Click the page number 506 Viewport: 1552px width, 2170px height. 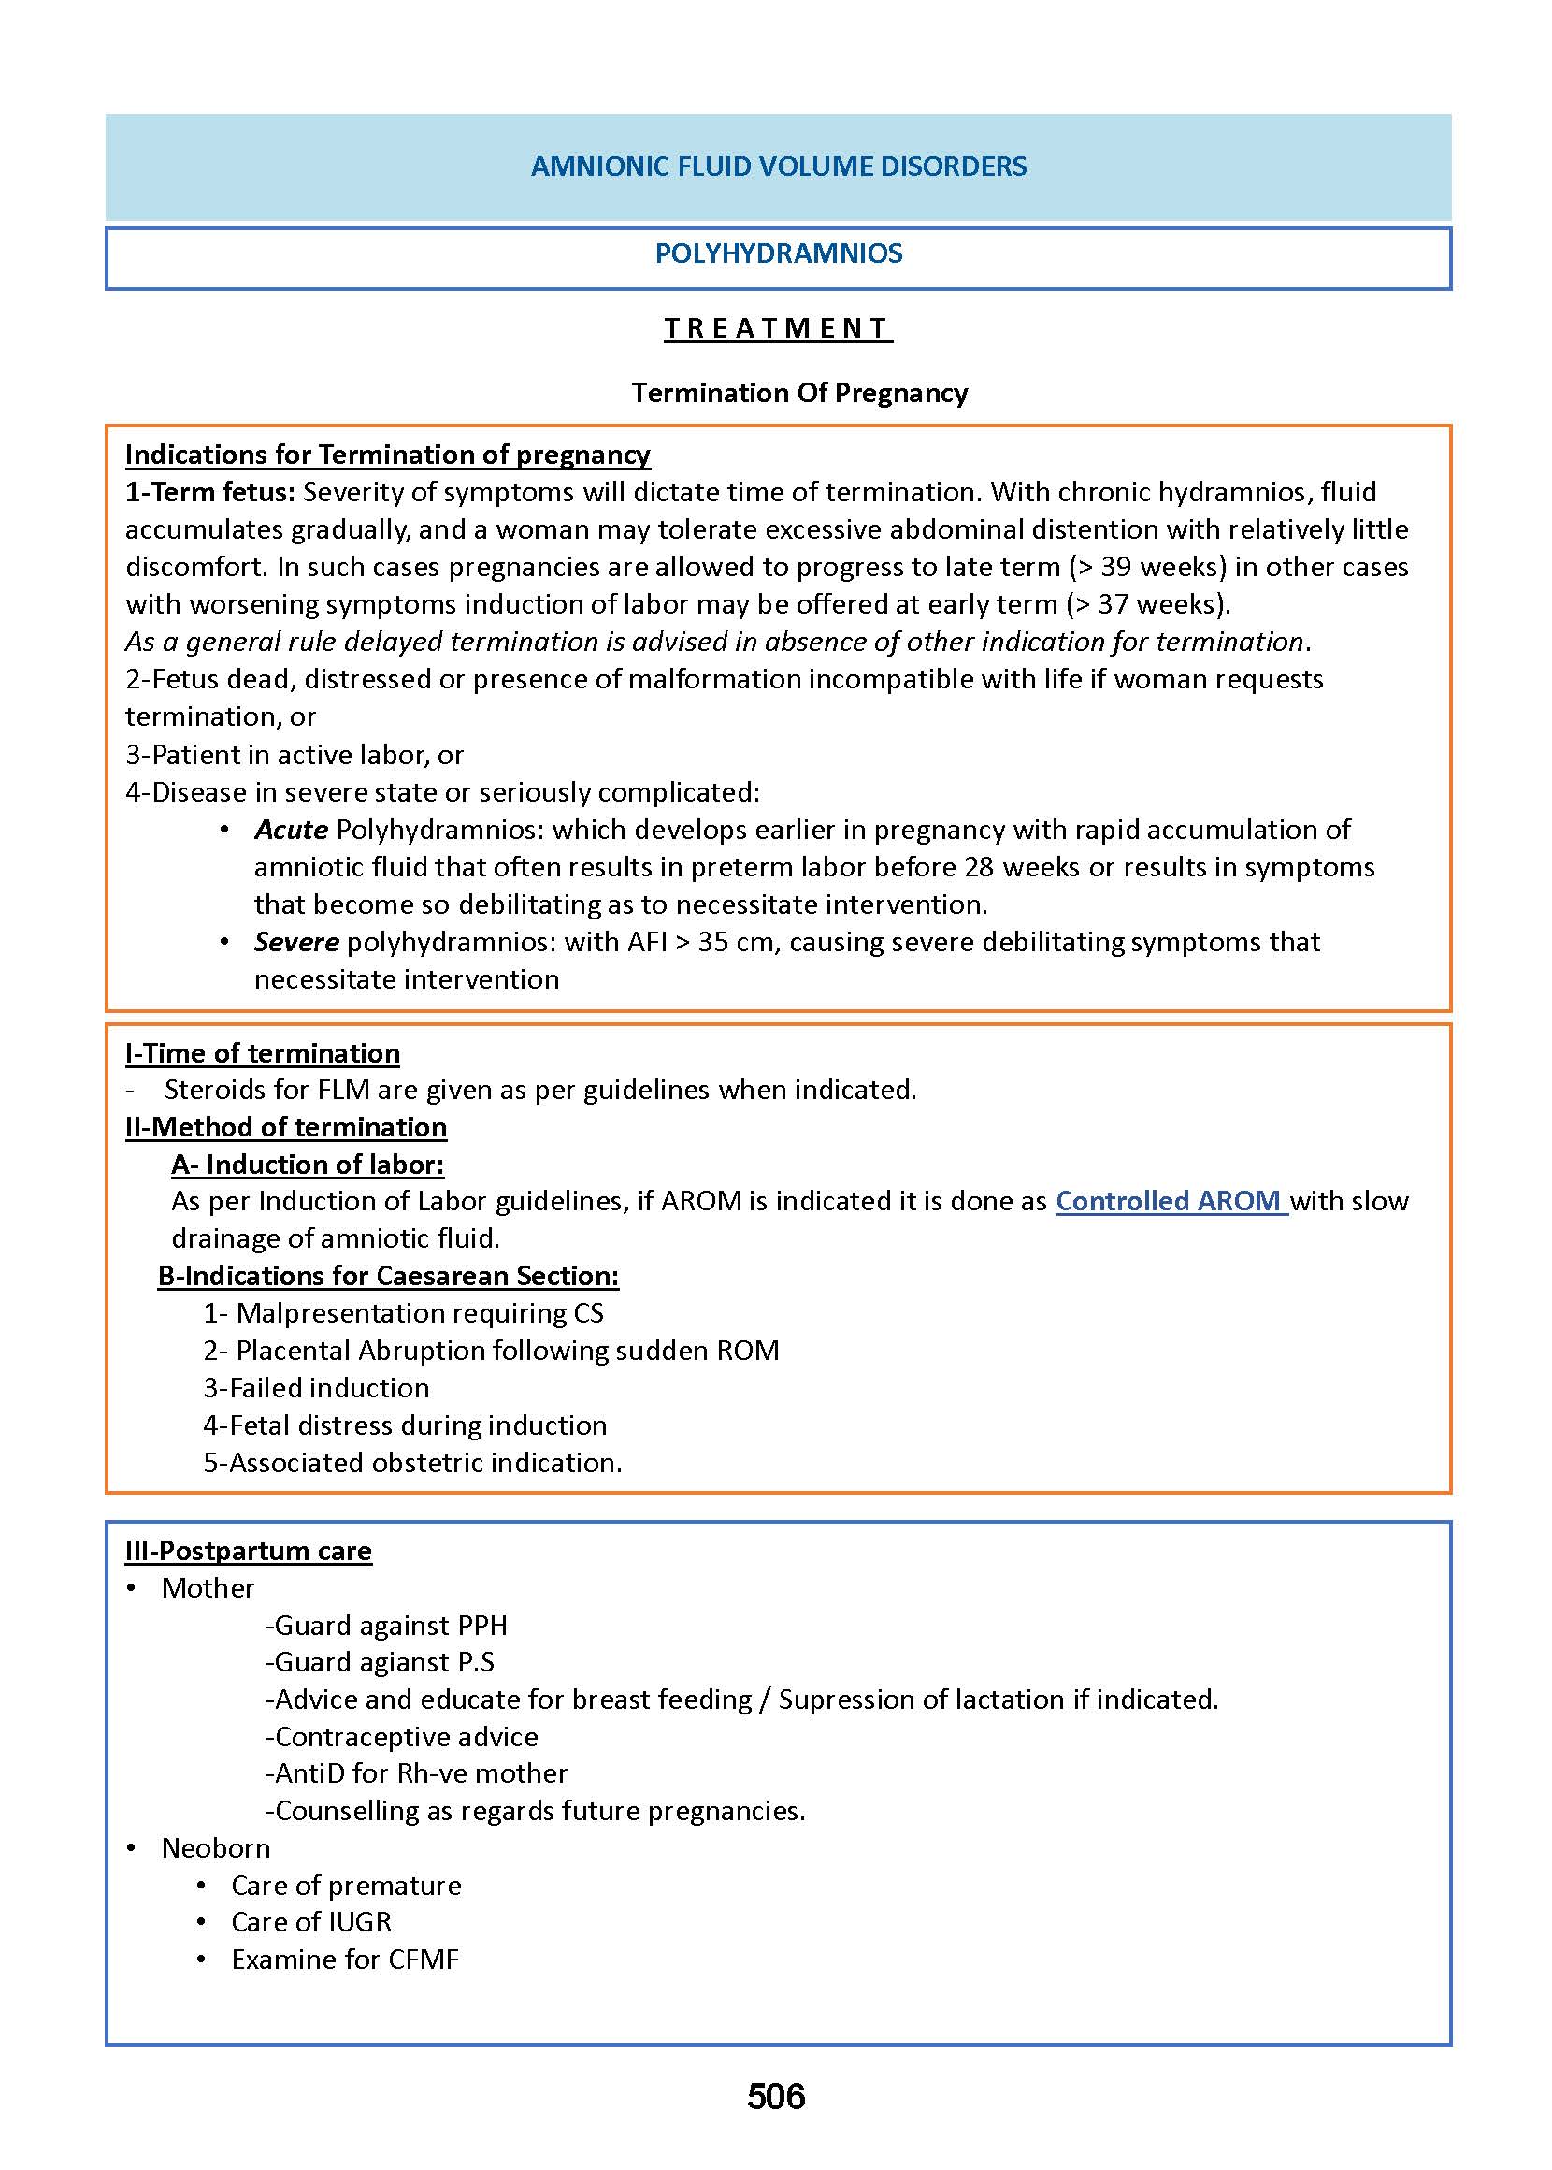pos(775,2096)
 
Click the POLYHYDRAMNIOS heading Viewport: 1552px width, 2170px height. pos(778,253)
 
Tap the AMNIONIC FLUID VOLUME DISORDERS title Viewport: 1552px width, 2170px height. pos(778,166)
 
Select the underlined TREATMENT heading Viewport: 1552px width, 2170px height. pos(778,328)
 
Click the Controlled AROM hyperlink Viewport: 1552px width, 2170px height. pos(1170,1201)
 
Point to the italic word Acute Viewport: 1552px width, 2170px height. pos(291,829)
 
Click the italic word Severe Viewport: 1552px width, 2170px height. pos(296,942)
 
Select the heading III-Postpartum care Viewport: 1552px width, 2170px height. pos(249,1550)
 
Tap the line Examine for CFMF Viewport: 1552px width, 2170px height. pos(344,1959)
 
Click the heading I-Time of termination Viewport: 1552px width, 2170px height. pos(262,1052)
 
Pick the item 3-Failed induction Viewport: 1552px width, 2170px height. pos(315,1387)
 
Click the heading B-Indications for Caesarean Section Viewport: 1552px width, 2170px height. pos(388,1275)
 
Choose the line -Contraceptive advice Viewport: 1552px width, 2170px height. pos(401,1736)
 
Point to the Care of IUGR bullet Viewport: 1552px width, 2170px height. pos(310,1921)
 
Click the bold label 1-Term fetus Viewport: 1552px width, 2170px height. pos(209,491)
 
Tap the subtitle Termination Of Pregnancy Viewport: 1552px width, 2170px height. pos(799,393)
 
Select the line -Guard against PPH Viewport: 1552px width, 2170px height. pos(386,1624)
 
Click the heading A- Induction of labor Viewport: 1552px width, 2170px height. pos(307,1164)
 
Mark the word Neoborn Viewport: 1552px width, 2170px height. pos(215,1847)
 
